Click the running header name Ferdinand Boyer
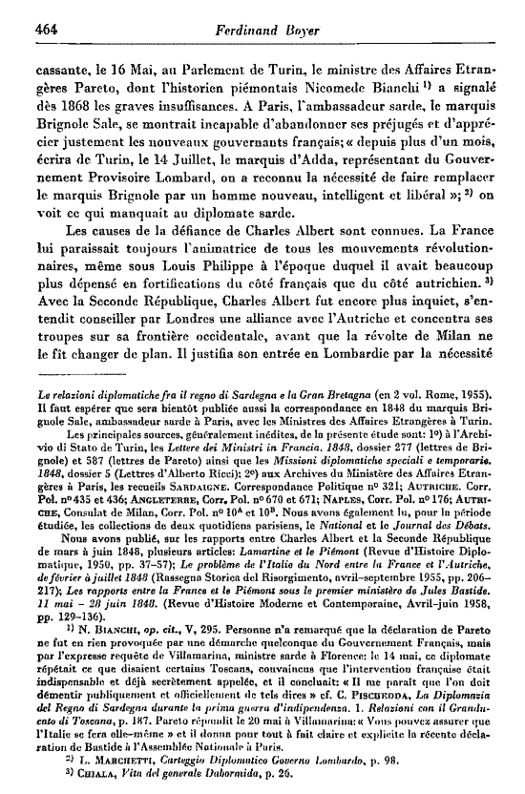(262, 28)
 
